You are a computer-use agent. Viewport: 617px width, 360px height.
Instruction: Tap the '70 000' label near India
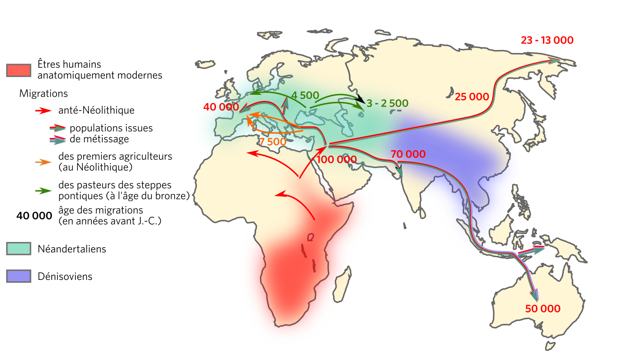click(x=408, y=154)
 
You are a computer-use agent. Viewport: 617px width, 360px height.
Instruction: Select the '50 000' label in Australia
click(x=543, y=309)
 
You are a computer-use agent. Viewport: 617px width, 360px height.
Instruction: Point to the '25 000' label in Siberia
click(x=472, y=97)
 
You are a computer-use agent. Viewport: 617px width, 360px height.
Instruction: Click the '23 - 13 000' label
click(x=547, y=40)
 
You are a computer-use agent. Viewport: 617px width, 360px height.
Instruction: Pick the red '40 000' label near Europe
click(x=221, y=107)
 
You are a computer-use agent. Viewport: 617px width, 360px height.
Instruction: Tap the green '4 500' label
click(x=305, y=95)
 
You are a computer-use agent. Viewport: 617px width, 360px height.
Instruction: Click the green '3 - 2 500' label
click(x=387, y=104)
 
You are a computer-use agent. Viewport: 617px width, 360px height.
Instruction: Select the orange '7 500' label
click(x=273, y=141)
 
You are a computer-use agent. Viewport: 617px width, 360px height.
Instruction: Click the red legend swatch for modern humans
click(x=18, y=70)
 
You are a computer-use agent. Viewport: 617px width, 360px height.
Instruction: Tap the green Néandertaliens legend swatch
click(x=18, y=249)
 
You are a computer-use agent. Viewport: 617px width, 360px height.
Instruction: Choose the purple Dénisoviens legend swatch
click(x=18, y=276)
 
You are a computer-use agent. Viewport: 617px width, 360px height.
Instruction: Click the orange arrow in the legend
click(x=44, y=162)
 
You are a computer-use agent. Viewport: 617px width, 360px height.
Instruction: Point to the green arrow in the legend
click(x=44, y=191)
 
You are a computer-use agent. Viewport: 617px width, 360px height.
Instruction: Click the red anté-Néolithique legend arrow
click(x=44, y=111)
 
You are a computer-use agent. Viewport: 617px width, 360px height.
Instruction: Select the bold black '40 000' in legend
click(x=34, y=216)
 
